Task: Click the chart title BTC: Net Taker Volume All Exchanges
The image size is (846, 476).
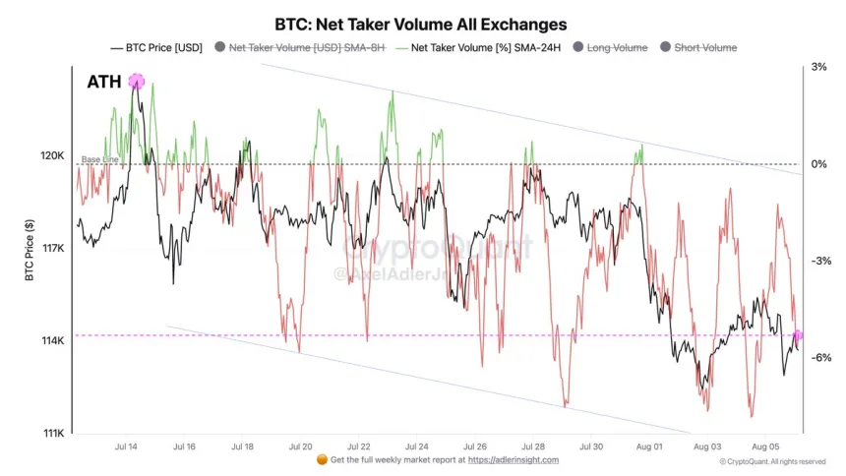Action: click(x=423, y=23)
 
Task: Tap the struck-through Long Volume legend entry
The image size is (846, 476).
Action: click(x=616, y=47)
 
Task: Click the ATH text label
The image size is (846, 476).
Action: click(x=103, y=83)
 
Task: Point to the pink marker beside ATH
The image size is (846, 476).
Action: click(x=137, y=83)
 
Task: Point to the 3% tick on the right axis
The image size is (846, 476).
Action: click(x=818, y=68)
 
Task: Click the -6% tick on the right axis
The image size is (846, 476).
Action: click(x=818, y=358)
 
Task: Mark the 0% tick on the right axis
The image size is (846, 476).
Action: click(x=818, y=164)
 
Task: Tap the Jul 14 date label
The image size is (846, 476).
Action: click(x=127, y=446)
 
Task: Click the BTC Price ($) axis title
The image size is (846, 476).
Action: click(x=30, y=252)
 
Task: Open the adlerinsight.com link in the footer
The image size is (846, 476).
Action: click(x=513, y=459)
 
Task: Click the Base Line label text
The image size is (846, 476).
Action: click(x=99, y=159)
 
